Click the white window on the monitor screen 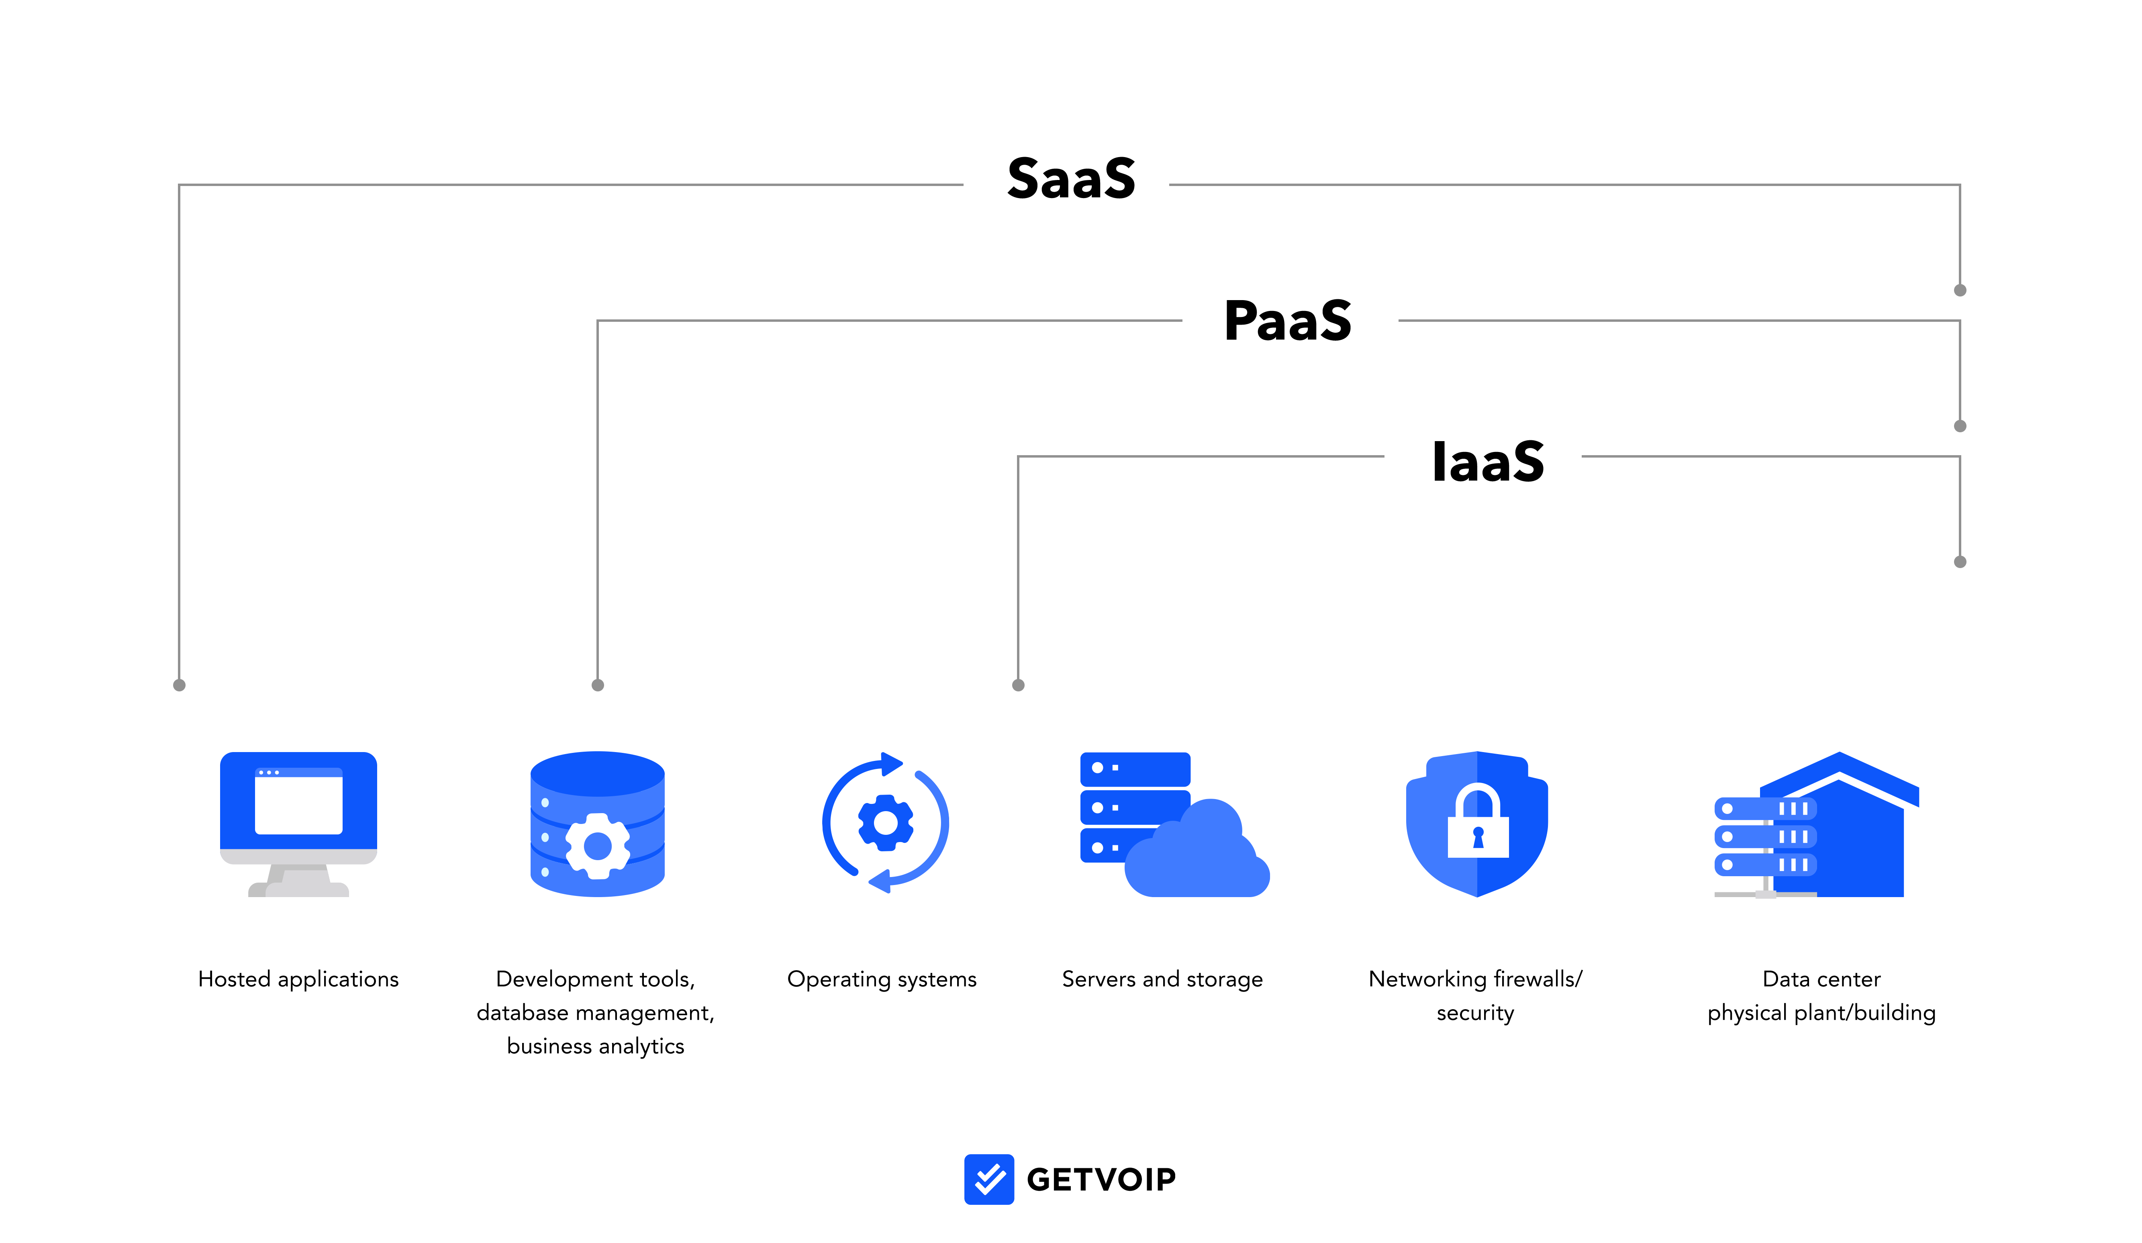click(x=298, y=803)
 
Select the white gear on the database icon click(x=598, y=846)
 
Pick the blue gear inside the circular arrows click(x=886, y=822)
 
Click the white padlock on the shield click(x=1478, y=825)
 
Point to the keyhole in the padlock click(x=1478, y=838)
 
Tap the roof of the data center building click(x=1840, y=769)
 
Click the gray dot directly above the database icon click(x=598, y=685)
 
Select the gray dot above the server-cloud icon click(x=1018, y=685)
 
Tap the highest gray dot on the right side click(x=1960, y=290)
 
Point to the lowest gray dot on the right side click(x=1960, y=562)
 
